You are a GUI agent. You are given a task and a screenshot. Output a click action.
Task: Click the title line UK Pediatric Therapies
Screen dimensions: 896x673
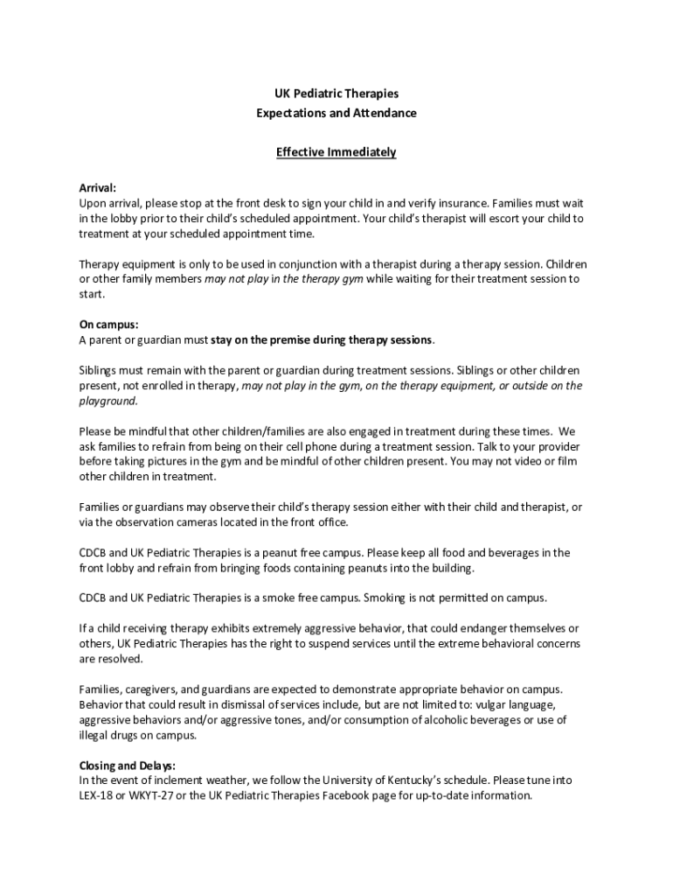point(336,93)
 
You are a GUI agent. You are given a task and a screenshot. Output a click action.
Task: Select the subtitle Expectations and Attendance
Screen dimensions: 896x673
point(336,113)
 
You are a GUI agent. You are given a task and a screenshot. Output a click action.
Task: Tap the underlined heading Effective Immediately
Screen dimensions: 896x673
point(336,152)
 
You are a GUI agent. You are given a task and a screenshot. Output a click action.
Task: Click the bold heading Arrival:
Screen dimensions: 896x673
point(97,187)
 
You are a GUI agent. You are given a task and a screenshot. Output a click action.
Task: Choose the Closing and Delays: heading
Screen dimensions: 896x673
point(128,765)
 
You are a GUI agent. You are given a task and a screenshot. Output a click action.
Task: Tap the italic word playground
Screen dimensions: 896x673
point(108,401)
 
